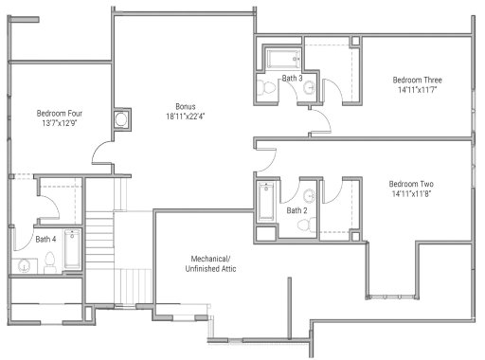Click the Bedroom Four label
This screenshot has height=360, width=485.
click(58, 112)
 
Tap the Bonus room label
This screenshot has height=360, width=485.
click(186, 106)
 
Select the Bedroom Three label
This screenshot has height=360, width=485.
click(418, 81)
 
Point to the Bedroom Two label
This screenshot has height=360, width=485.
click(412, 184)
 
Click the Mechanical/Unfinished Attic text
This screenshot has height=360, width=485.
click(210, 263)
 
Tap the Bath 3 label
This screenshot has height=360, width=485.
click(294, 78)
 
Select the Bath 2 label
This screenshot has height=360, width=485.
click(297, 210)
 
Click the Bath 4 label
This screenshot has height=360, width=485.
click(45, 239)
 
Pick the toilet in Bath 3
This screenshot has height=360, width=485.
click(268, 88)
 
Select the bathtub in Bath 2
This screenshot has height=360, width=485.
click(267, 202)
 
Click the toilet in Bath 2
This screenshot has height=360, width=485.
click(304, 225)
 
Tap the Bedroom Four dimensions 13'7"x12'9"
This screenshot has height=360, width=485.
click(58, 123)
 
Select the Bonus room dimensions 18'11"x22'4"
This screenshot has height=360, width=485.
click(186, 117)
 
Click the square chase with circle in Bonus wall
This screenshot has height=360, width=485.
click(121, 119)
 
